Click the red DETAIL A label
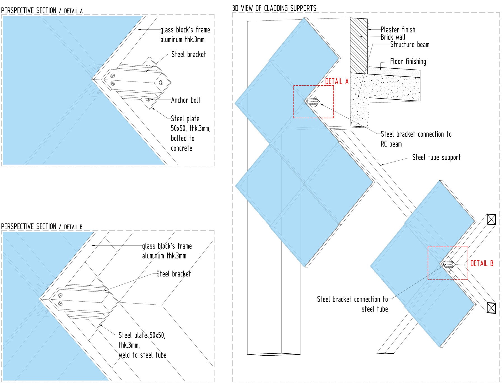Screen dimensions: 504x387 point(337,81)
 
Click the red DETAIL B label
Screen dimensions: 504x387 point(482,263)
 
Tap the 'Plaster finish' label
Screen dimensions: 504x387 point(398,30)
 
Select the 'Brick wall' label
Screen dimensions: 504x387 point(393,37)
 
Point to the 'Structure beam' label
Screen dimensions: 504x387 point(410,45)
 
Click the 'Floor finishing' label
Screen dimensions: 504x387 point(408,62)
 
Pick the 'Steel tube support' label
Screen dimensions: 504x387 point(436,157)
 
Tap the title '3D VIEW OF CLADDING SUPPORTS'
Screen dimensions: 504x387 point(274,8)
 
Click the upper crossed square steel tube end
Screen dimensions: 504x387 point(491,219)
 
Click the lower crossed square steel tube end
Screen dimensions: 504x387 point(491,308)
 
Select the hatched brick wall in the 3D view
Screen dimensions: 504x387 point(359,46)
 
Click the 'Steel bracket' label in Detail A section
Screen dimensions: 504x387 point(188,54)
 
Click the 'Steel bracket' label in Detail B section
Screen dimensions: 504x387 point(173,274)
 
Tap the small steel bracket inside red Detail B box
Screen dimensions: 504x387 point(447,264)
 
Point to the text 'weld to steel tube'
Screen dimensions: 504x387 point(143,355)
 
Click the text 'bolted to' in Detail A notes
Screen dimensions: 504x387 point(183,138)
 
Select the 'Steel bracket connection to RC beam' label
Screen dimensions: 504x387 point(416,139)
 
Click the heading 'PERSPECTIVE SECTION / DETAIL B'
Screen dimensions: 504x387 point(42,227)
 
